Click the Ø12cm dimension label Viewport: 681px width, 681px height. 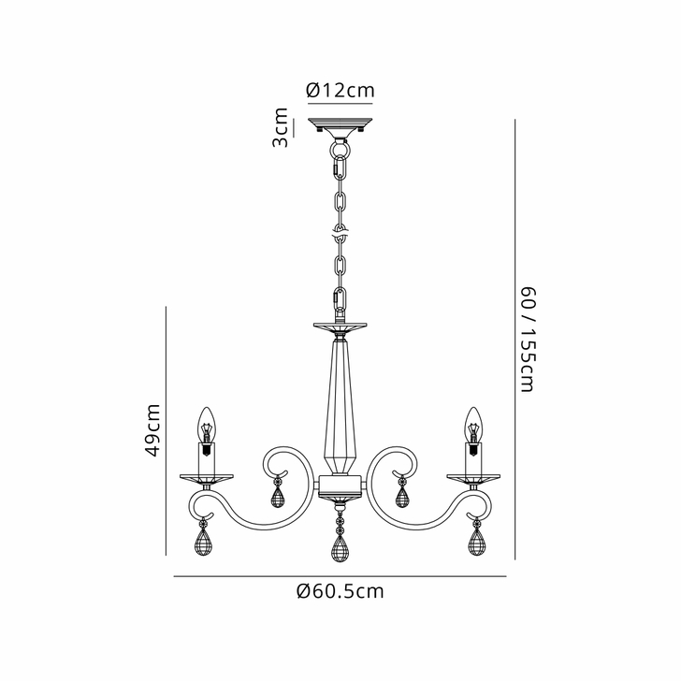[x=340, y=91]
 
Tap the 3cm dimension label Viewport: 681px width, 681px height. [x=280, y=128]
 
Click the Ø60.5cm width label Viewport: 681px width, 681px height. [x=340, y=591]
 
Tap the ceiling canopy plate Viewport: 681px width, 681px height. [x=340, y=125]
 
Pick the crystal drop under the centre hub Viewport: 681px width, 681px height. [x=340, y=548]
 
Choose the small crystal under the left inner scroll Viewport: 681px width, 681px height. [x=277, y=495]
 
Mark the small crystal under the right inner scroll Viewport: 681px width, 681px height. [x=402, y=495]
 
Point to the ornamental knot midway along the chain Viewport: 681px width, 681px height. [x=340, y=230]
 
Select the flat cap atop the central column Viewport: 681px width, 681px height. [x=340, y=327]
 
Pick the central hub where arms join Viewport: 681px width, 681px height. [x=340, y=486]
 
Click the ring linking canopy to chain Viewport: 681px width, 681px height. [x=340, y=147]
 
